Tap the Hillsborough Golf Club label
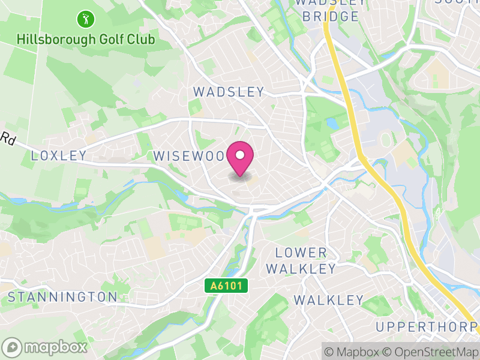[86, 40]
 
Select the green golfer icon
[85, 19]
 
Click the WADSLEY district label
[228, 92]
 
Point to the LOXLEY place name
[59, 156]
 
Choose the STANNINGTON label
[62, 296]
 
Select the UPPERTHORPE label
[427, 326]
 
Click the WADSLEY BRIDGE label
[330, 10]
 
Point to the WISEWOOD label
[191, 156]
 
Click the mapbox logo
[45, 347]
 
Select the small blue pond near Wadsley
[331, 123]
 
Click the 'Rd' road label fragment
[8, 139]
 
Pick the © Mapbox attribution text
[353, 350]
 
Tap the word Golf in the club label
[109, 40]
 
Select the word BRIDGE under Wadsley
[330, 16]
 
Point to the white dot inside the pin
[240, 155]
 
